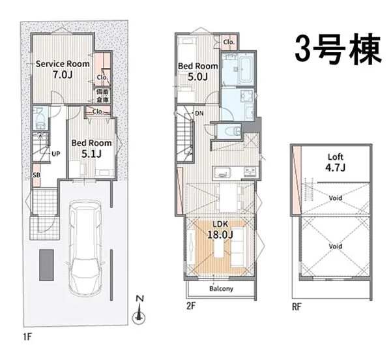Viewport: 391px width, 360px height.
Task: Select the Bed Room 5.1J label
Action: click(x=91, y=148)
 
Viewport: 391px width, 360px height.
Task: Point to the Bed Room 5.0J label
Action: click(x=197, y=71)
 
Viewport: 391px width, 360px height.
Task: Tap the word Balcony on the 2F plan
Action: click(x=222, y=288)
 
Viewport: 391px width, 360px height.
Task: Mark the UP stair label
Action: click(x=56, y=154)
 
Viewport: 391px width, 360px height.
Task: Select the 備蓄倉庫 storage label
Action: click(x=103, y=96)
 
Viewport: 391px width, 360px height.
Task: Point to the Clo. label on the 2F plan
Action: click(x=228, y=42)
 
